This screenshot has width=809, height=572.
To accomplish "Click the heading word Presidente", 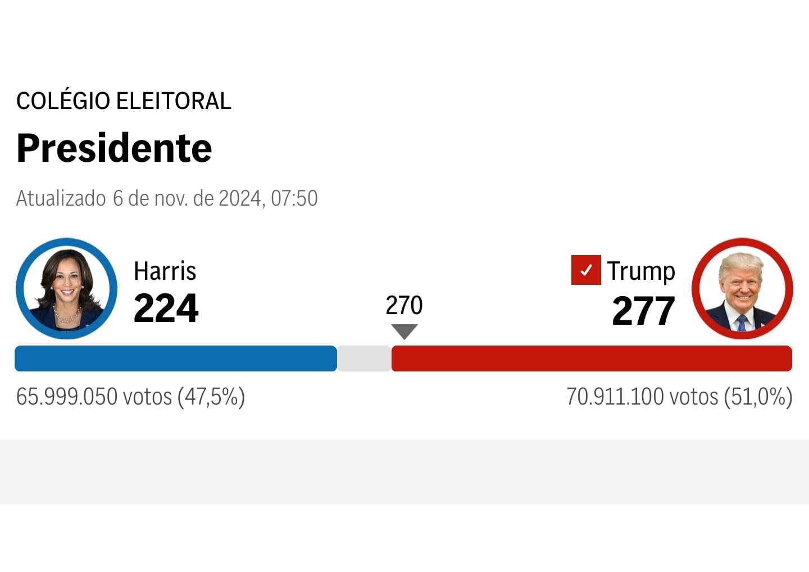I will tap(114, 148).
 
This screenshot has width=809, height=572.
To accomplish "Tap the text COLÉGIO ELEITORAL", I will tap(124, 101).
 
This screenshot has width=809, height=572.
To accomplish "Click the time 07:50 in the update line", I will tap(294, 198).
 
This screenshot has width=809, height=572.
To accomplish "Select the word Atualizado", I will tap(61, 198).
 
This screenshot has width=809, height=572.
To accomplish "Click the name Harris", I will tap(165, 271).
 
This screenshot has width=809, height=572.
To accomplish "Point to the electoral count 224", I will tap(166, 308).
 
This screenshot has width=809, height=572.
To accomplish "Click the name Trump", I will tap(640, 271).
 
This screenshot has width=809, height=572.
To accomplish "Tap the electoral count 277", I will tap(643, 311).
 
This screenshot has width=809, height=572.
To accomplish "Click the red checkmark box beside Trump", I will tap(586, 270).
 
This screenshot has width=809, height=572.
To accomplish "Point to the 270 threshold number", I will tap(404, 306).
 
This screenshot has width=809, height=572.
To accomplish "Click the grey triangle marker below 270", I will tap(404, 331).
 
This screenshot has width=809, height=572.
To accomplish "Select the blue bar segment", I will tap(175, 358).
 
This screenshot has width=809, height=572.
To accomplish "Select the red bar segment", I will tap(592, 358).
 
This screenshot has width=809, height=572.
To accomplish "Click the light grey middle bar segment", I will tap(364, 358).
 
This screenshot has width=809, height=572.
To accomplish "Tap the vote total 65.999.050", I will tap(67, 397).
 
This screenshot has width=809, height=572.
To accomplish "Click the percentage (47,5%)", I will tap(211, 397).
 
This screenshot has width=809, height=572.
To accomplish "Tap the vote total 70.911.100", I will tap(615, 397).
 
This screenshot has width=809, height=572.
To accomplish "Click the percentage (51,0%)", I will tap(758, 397).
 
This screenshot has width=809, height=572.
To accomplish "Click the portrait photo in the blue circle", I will tap(66, 289).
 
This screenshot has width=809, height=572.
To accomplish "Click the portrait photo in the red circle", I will tap(742, 289).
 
